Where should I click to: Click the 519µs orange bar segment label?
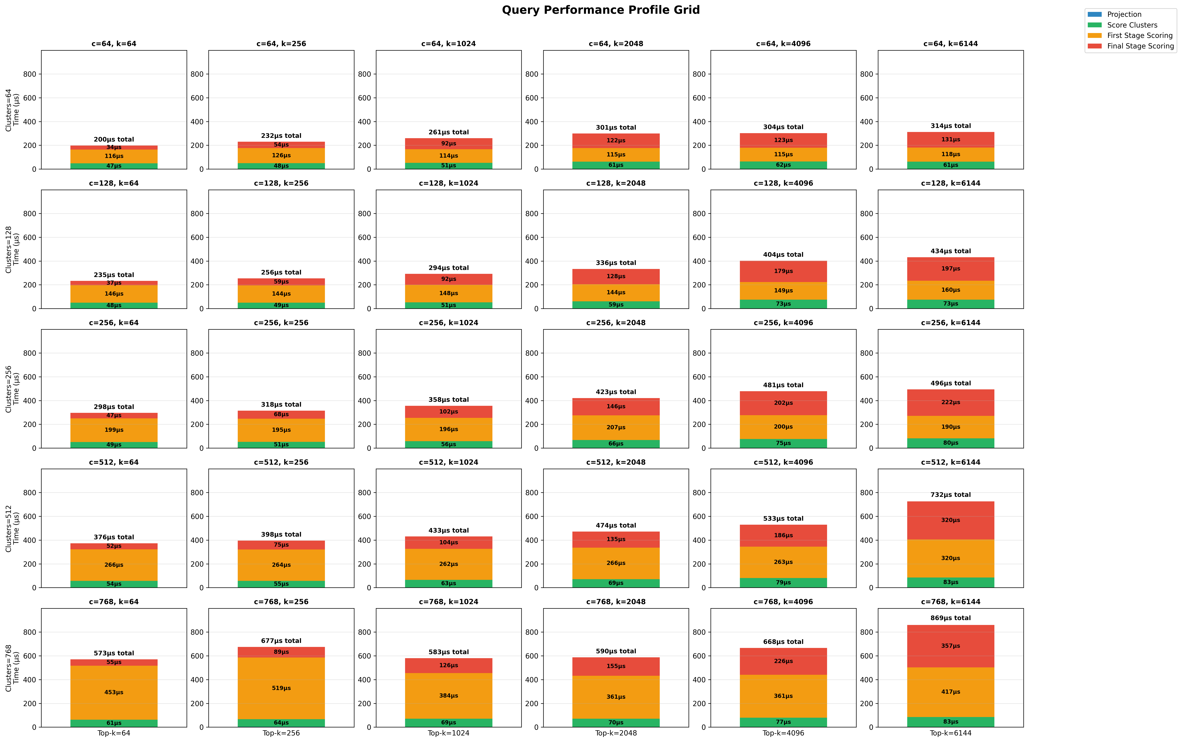[281, 688]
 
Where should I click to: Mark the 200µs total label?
[114, 139]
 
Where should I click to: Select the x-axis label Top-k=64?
[114, 733]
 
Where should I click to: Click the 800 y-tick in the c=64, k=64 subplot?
[30, 74]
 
